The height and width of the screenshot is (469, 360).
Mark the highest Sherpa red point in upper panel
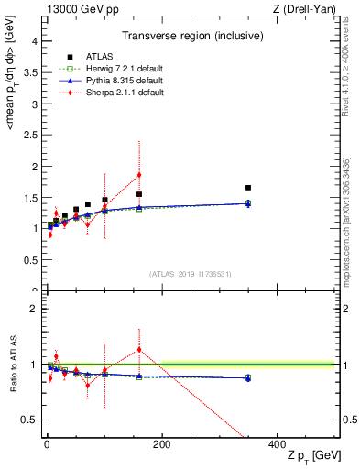click(139, 175)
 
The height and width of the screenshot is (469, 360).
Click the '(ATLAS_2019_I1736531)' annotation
click(190, 274)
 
